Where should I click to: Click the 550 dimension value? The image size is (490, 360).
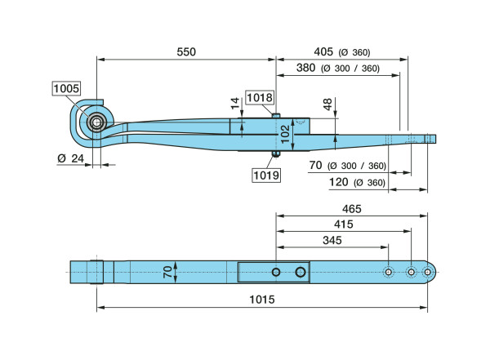pos(186,51)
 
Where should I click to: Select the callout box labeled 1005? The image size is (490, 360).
pos(65,89)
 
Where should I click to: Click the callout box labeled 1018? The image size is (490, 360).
pos(259,98)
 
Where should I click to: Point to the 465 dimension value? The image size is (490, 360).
pos(352,209)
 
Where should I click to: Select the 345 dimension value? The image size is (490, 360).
pos(331,241)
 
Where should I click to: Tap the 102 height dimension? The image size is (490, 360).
pos(284,134)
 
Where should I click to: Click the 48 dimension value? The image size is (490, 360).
pos(327,104)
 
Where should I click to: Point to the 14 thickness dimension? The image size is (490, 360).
pos(234,104)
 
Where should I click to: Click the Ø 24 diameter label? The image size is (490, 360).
pos(71,158)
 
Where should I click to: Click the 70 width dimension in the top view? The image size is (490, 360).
pos(167,272)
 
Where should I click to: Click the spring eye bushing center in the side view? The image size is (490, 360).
pos(96,124)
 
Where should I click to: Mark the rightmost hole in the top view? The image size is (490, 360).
pos(427,271)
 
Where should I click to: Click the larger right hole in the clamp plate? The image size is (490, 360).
pos(301,272)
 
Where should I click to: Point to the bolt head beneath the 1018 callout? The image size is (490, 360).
pos(276,115)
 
